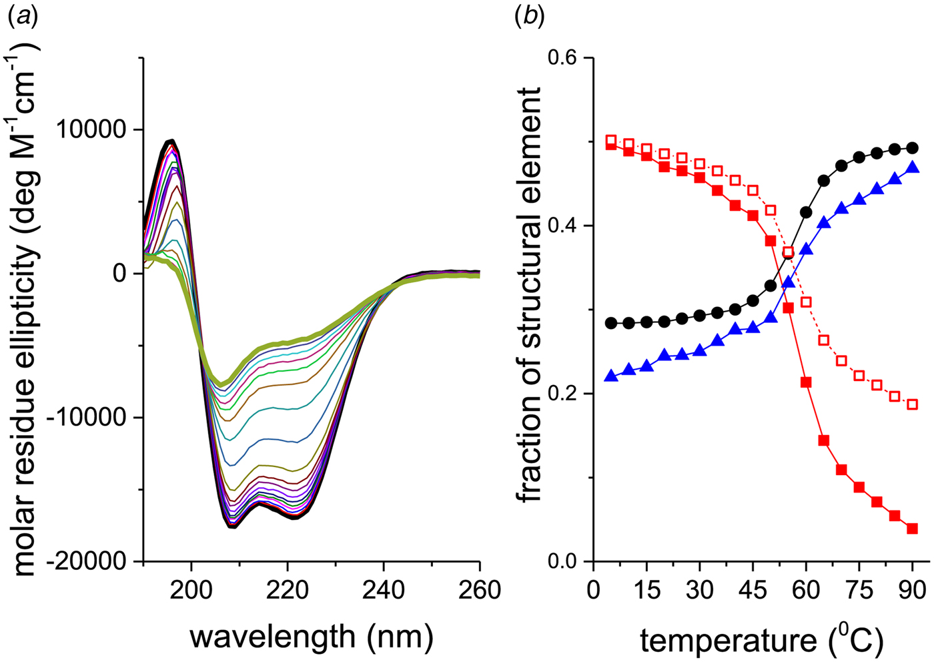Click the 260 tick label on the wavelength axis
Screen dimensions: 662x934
480,590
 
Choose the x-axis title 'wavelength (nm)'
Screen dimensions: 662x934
312,636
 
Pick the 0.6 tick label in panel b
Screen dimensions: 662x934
562,58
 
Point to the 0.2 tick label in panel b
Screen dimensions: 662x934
562,394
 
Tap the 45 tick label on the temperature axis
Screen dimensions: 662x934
753,590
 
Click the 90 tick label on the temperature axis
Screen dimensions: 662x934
912,590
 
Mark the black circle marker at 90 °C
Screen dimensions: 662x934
913,148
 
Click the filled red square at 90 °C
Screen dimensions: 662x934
913,529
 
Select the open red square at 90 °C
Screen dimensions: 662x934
913,404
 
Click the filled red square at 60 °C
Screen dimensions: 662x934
806,382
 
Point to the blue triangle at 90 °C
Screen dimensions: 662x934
913,168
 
